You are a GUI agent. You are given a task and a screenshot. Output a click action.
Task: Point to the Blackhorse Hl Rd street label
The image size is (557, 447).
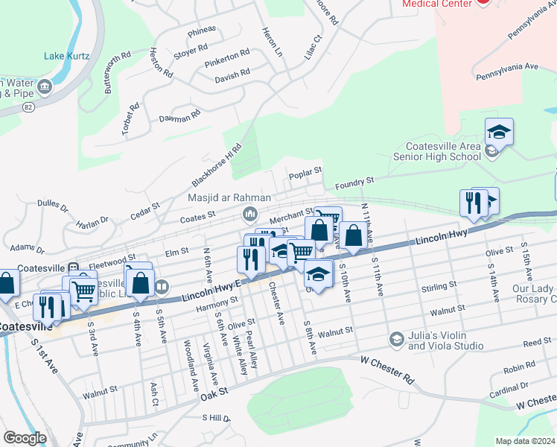[217, 165]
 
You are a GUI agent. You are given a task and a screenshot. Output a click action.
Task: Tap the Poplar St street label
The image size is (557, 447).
[305, 171]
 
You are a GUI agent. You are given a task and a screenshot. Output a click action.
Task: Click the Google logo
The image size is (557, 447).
[25, 438]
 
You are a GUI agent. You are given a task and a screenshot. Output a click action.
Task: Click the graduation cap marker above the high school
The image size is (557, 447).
[499, 133]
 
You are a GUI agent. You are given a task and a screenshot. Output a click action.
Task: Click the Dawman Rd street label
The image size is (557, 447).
[179, 117]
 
